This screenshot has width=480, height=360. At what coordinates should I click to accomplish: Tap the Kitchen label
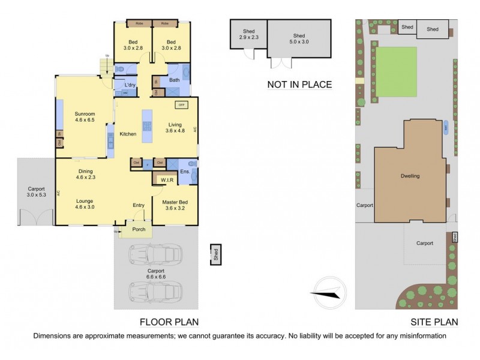[128, 134]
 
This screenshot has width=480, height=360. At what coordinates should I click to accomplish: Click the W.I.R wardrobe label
[166, 180]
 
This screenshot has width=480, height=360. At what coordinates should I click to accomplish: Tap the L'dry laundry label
[130, 85]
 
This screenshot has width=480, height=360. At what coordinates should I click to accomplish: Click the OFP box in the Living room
[181, 105]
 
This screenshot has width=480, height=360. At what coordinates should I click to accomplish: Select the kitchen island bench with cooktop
[146, 126]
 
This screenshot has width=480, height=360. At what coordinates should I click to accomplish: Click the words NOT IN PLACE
[299, 85]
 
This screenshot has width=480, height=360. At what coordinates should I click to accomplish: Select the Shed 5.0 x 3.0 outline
[299, 39]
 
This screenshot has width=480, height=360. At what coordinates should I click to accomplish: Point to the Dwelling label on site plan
[410, 176]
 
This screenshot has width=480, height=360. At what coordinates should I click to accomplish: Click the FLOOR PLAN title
[169, 322]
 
